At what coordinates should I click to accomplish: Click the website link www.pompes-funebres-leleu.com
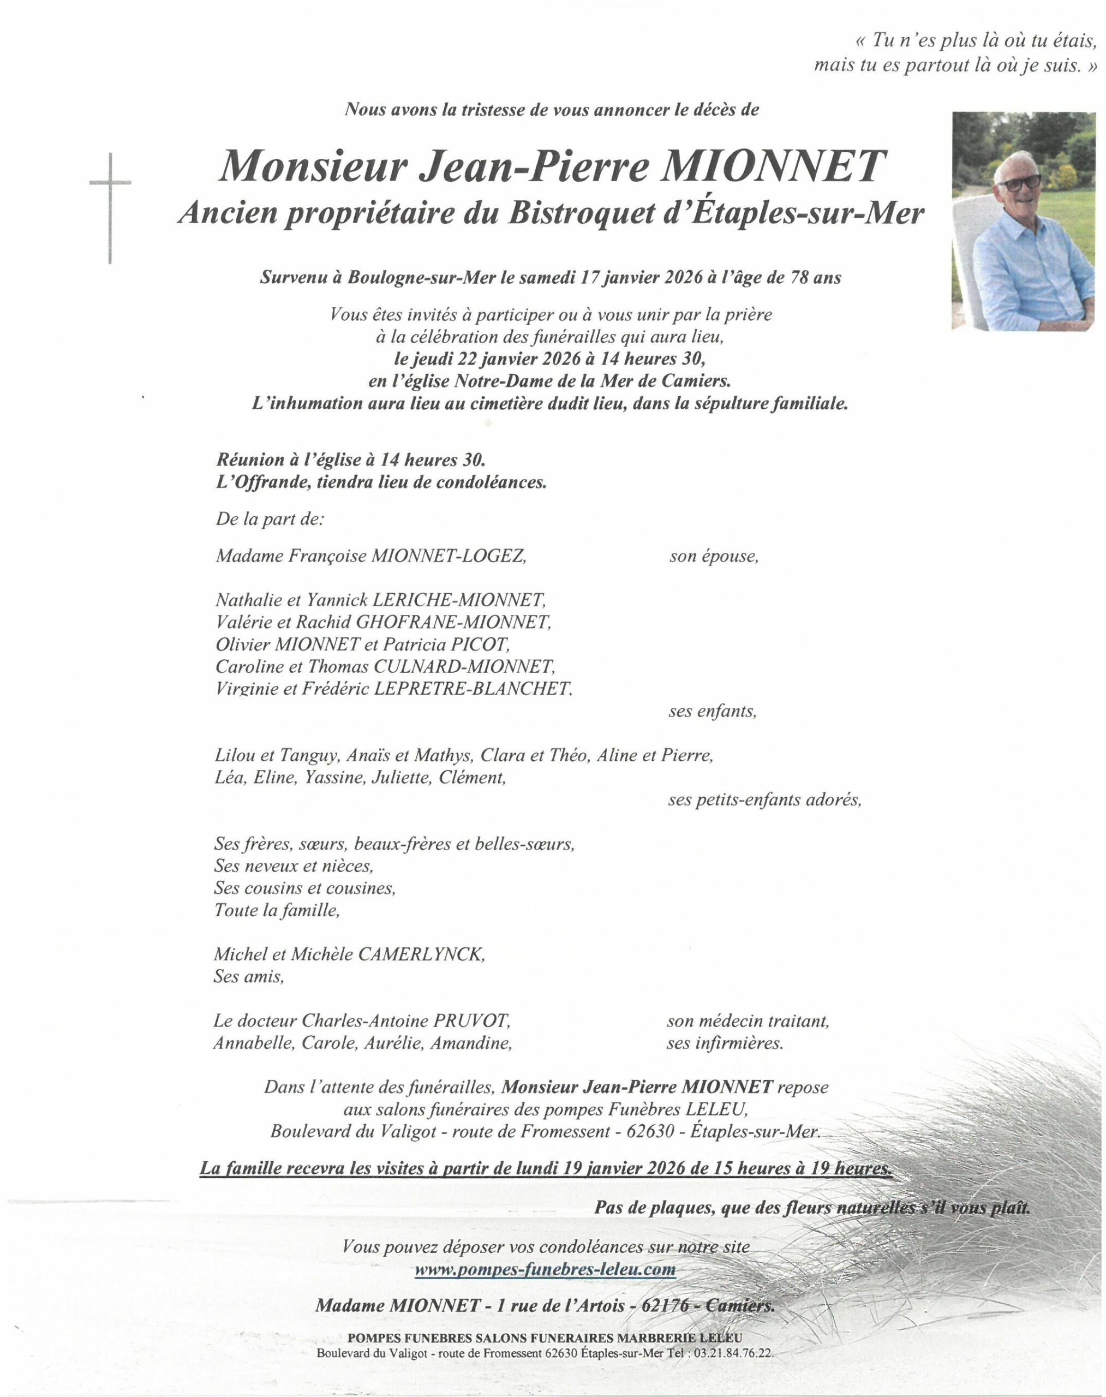545,1271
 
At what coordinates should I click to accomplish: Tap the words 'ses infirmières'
725,1043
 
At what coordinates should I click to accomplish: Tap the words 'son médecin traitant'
748,1022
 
